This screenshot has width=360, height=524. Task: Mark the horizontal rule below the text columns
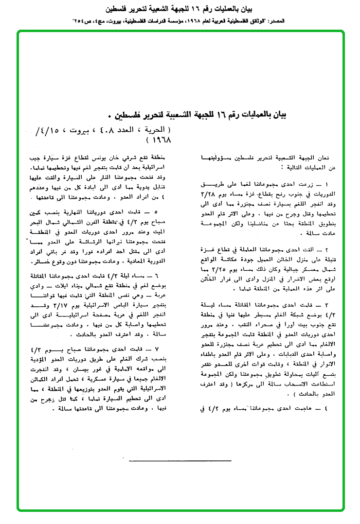point(180,460)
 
